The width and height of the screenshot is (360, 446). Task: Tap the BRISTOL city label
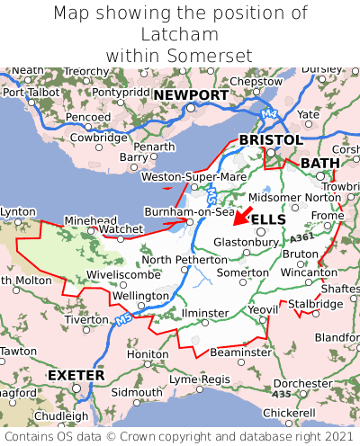coord(270,140)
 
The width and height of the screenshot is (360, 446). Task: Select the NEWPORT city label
coord(190,94)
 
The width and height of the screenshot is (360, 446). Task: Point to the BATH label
coord(320,163)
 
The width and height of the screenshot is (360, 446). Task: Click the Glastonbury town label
coord(247,242)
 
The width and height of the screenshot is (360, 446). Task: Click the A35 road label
coord(281,394)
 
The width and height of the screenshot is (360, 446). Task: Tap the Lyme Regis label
coord(200,379)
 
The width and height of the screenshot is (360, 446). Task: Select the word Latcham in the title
coord(180,34)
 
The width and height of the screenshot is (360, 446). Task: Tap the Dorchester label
coord(302,382)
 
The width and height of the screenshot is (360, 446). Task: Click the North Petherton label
coord(181,260)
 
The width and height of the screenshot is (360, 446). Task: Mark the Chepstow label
coord(256,81)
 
